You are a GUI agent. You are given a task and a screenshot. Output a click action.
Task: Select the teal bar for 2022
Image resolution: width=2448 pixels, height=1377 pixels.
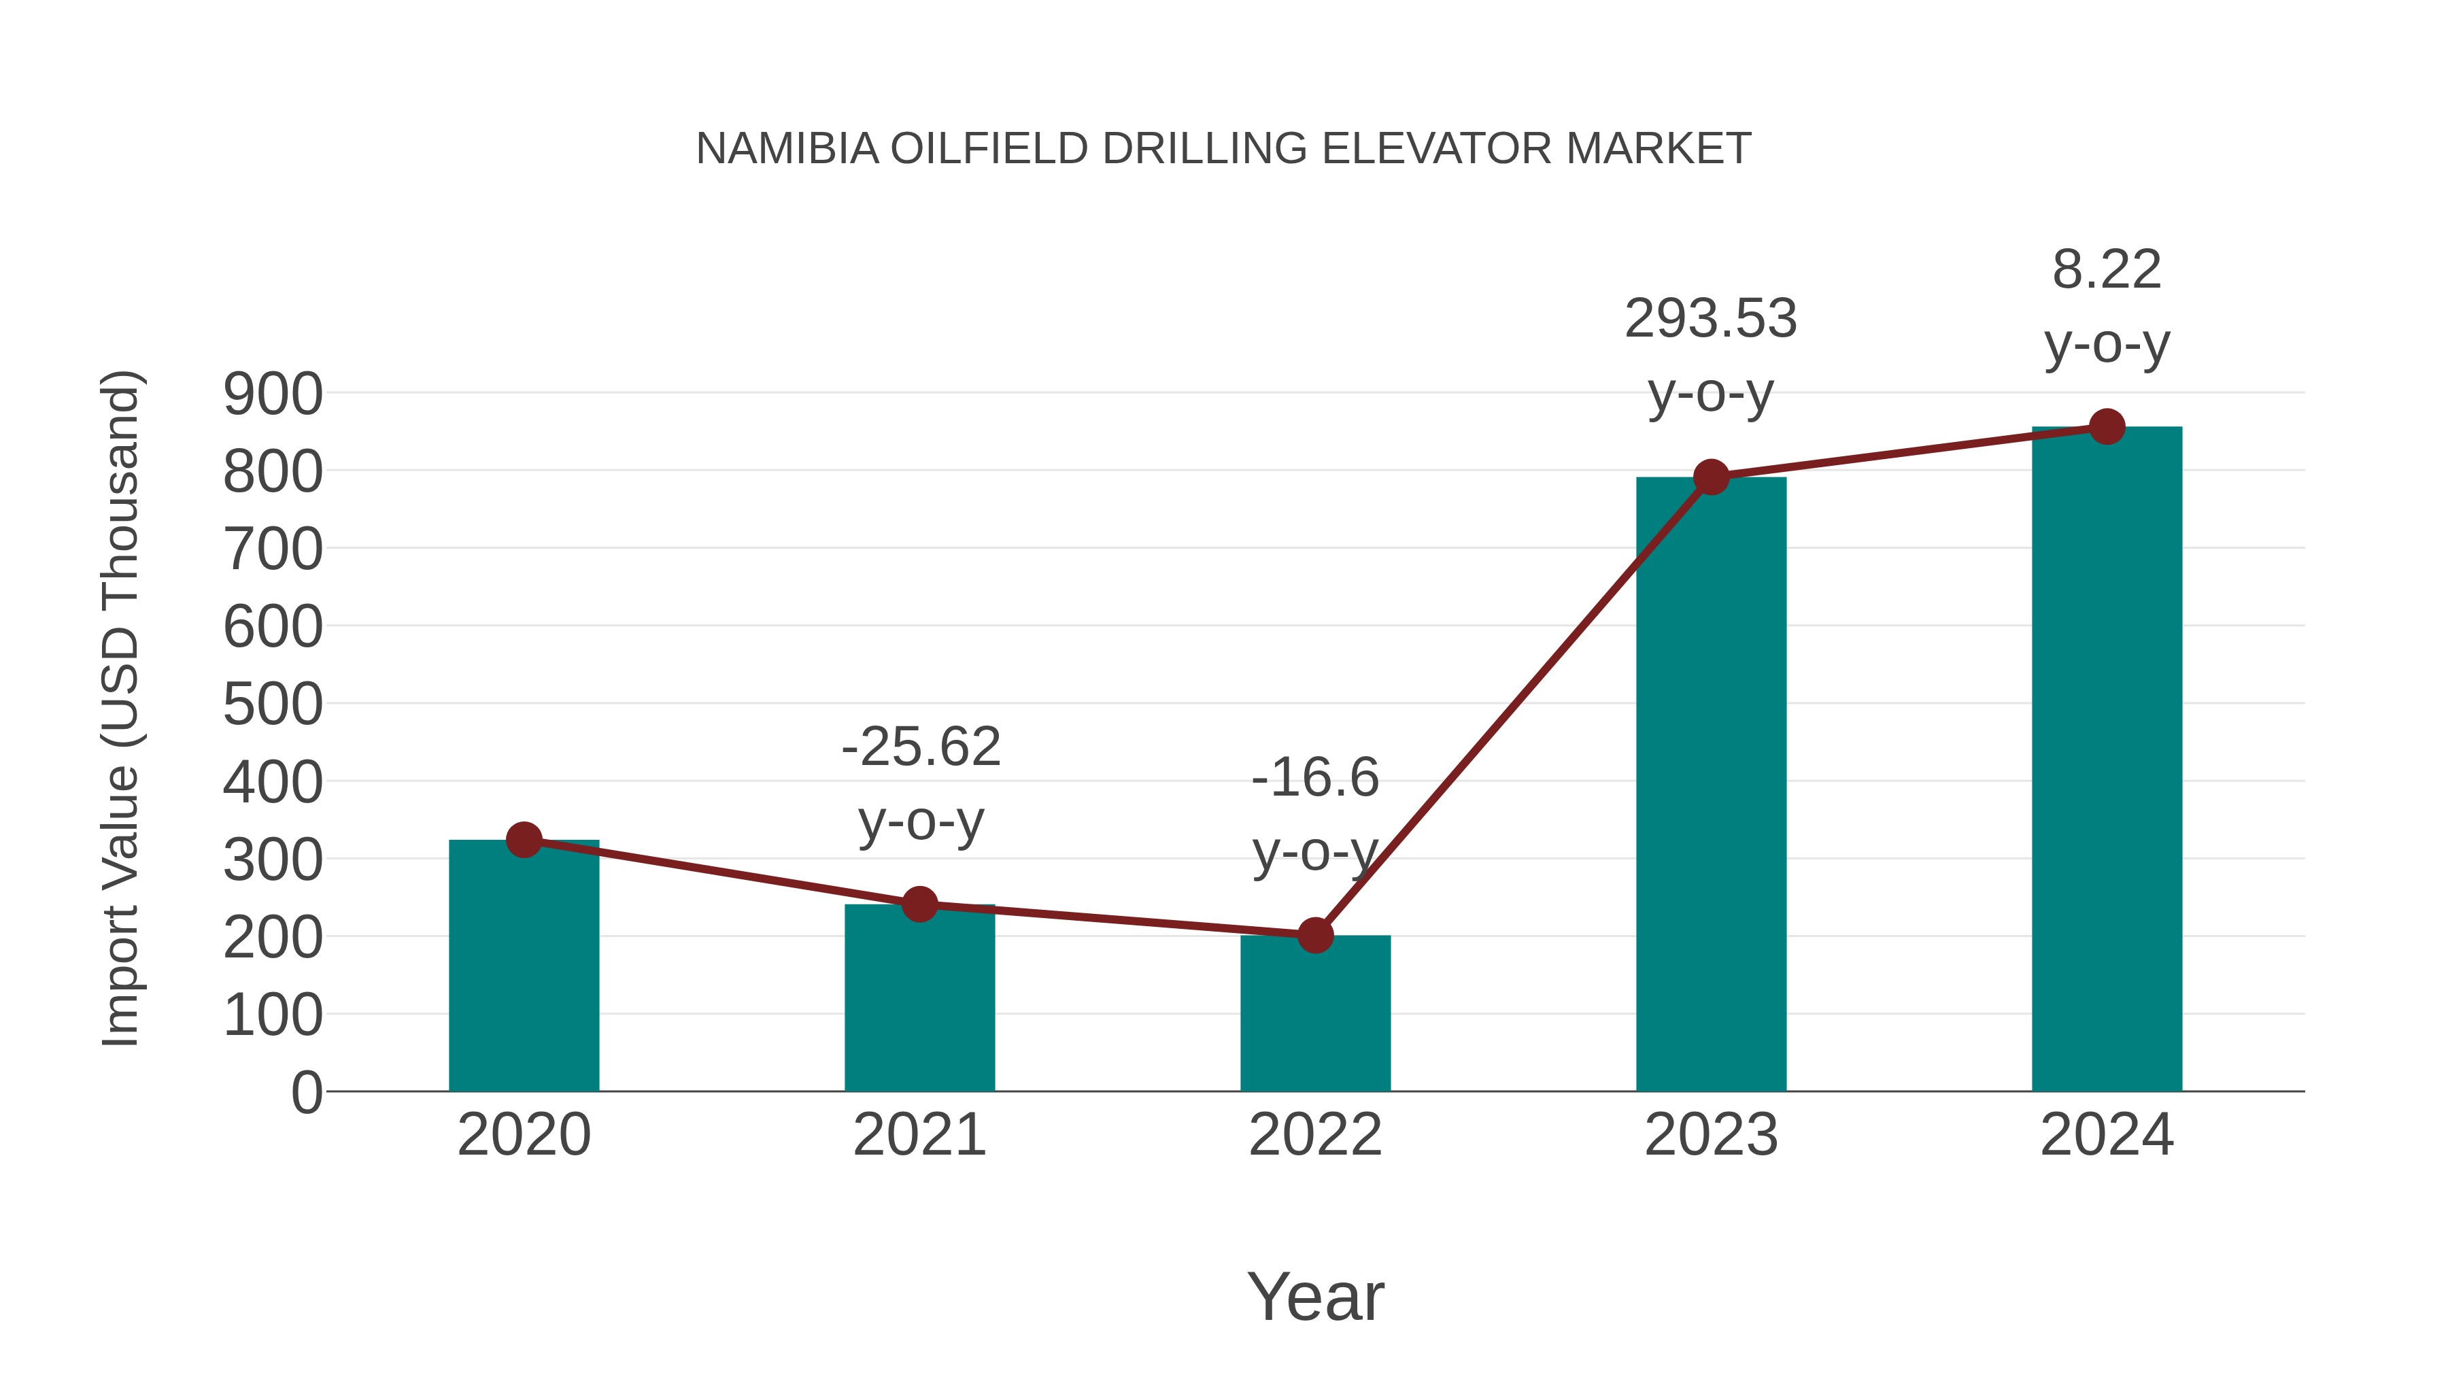[1314, 1013]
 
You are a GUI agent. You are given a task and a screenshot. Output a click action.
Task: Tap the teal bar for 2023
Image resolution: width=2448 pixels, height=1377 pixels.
[1711, 784]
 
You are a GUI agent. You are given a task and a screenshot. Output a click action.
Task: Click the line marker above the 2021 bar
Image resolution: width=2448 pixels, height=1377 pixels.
[919, 904]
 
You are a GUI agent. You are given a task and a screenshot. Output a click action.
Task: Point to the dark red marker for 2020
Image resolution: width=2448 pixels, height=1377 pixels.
[524, 839]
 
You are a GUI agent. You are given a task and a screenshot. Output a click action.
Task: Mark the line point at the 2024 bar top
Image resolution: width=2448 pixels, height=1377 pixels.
[2107, 426]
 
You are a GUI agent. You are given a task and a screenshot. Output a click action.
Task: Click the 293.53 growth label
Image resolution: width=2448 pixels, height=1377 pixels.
[1711, 318]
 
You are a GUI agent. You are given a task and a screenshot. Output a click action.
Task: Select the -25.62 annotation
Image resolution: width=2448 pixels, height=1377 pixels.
[921, 746]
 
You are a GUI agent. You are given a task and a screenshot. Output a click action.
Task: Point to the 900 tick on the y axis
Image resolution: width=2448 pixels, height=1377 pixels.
[273, 394]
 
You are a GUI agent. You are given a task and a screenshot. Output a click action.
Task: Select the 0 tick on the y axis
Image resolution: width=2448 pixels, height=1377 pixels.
[306, 1092]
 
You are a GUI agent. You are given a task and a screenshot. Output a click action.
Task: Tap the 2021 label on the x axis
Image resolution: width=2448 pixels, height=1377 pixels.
[919, 1135]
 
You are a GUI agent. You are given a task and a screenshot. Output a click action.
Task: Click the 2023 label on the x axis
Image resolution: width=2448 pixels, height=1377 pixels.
[1711, 1135]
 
